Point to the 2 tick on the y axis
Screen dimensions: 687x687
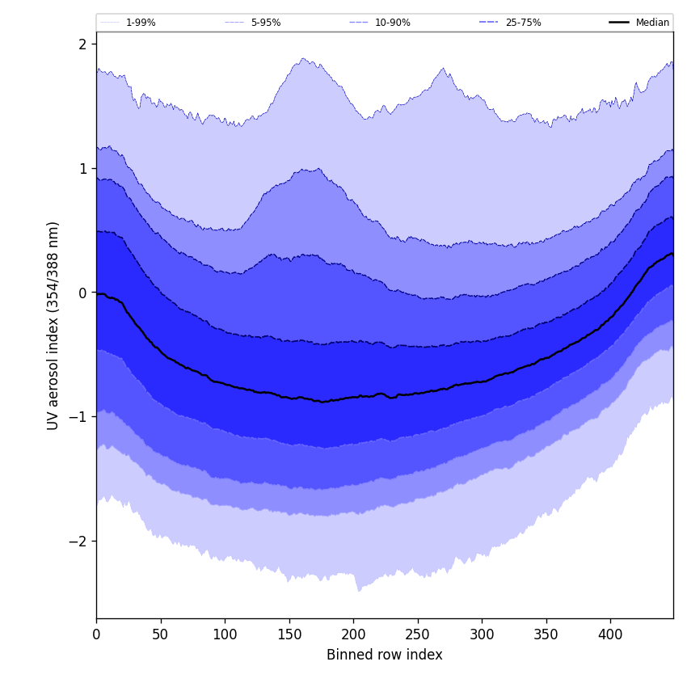pyautogui.click(x=82, y=44)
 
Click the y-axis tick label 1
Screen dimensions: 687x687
pyautogui.click(x=82, y=169)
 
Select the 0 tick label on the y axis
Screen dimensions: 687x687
pyautogui.click(x=82, y=293)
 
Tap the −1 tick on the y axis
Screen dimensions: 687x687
pyautogui.click(x=78, y=417)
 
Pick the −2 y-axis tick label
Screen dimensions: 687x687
pyautogui.click(x=78, y=542)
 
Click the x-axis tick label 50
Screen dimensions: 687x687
pyautogui.click(x=161, y=634)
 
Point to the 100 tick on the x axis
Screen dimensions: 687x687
pyautogui.click(x=225, y=634)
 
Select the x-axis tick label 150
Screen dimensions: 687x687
pyautogui.click(x=289, y=634)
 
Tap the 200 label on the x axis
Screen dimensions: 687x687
pyautogui.click(x=353, y=634)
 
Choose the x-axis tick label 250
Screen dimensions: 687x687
pyautogui.click(x=418, y=634)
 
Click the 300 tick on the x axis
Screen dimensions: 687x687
pyautogui.click(x=482, y=634)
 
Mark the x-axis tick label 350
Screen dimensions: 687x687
pyautogui.click(x=546, y=634)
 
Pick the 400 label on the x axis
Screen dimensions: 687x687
pyautogui.click(x=610, y=634)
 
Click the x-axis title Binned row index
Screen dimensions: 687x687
pyautogui.click(x=385, y=655)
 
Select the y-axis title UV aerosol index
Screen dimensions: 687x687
pyautogui.click(x=53, y=325)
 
